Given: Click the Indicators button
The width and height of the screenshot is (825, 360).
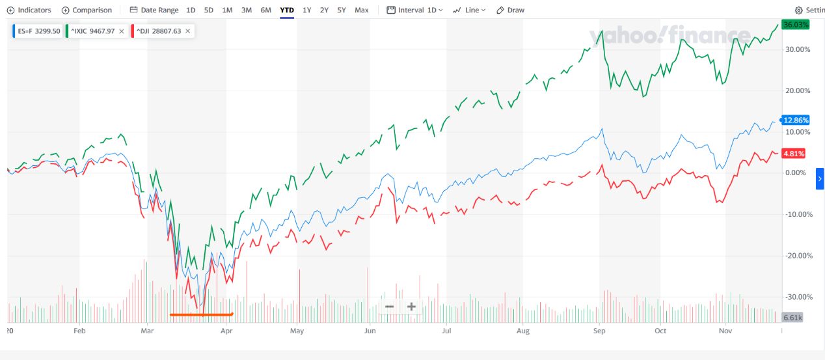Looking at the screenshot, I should coord(29,10).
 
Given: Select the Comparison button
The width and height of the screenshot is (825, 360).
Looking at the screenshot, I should coord(87,10).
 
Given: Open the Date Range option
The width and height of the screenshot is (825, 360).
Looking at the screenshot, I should coord(154,10).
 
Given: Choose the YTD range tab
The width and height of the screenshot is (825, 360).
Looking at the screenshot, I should coord(286,10).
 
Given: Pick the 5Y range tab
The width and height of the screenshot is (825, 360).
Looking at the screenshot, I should coord(342,10).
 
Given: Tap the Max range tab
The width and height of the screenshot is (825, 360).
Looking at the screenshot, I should coord(362,10).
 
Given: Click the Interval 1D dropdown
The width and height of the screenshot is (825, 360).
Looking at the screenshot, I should coord(414,10).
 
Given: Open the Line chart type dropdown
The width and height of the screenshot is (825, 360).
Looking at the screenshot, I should coord(470,10).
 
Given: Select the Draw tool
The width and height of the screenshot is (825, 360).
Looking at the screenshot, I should coord(510,10).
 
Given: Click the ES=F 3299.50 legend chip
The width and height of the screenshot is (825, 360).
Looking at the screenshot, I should coord(37,31).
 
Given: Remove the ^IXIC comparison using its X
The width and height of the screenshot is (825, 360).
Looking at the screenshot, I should coord(122,31).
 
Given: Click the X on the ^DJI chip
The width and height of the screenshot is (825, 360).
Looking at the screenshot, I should coord(188,31).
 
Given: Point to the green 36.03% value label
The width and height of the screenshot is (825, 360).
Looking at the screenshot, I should coord(796,24).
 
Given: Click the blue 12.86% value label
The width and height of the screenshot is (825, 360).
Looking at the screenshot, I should coord(796,120).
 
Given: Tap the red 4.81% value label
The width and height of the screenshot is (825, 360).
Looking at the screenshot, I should coord(794,154).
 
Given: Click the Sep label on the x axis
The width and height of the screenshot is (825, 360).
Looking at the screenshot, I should coord(599,331).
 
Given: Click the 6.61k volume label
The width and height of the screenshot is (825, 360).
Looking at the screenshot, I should coord(792,318).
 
